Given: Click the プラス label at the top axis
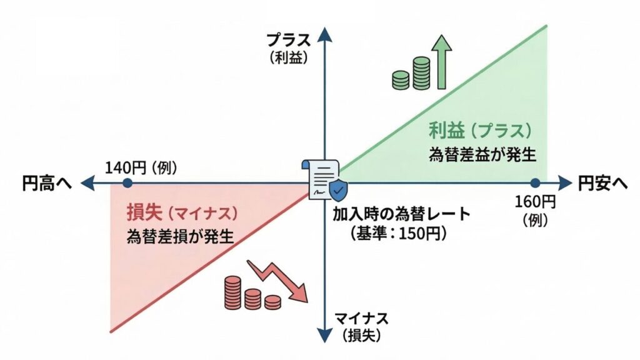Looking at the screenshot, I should click(288, 41).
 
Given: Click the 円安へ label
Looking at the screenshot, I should click(602, 182).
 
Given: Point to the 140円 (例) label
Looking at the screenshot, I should click(141, 167).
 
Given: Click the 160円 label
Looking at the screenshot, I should click(535, 201).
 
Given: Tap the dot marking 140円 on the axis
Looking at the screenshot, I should click(127, 183).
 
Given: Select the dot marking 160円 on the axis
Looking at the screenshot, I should click(535, 182).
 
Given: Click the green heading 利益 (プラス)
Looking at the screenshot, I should click(480, 131).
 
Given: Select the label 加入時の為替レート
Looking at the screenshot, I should click(401, 214).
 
